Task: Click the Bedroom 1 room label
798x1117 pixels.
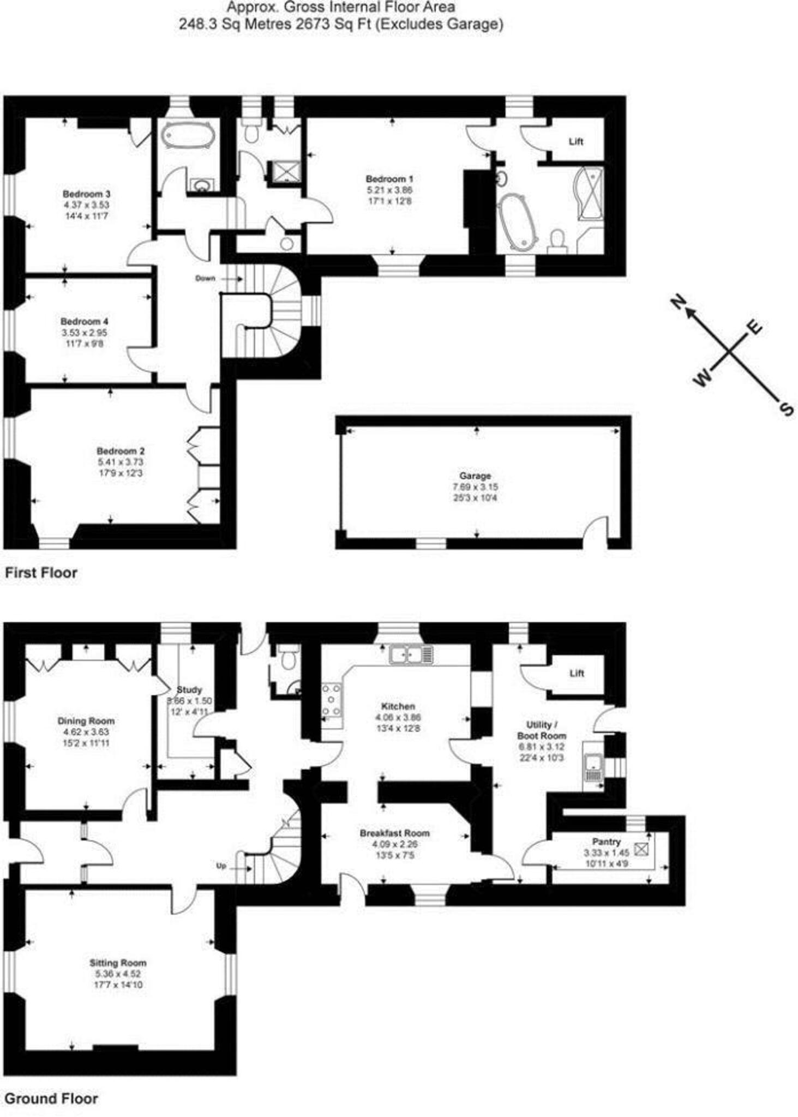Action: (x=389, y=179)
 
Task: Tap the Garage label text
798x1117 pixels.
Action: (x=475, y=476)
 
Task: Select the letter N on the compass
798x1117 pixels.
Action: (x=678, y=301)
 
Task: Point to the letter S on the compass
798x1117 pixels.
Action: (x=786, y=409)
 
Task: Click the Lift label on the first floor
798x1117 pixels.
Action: (x=576, y=142)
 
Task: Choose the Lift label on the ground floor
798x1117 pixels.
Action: (x=577, y=673)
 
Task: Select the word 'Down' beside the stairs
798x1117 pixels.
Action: (x=206, y=278)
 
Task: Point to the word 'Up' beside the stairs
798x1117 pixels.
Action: (x=221, y=866)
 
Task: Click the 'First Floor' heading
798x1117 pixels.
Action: (x=41, y=573)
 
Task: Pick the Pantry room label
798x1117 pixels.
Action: (x=606, y=842)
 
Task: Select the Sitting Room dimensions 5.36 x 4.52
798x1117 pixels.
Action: (x=118, y=974)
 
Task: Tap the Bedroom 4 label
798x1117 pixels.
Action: (x=84, y=321)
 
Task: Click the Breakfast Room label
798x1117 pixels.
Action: (x=394, y=833)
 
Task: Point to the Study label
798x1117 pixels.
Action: (x=189, y=690)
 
